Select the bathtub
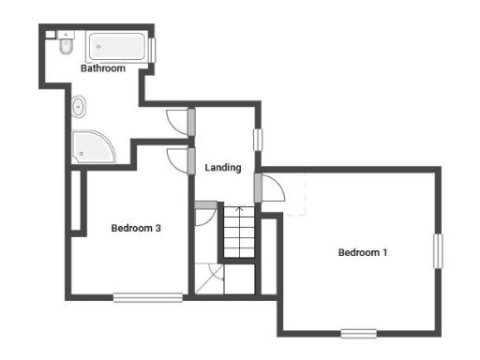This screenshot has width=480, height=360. coord(116,48)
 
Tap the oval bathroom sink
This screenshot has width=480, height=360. coord(80,108)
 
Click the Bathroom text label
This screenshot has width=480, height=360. coord(103,68)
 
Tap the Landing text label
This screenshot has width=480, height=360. coord(223,168)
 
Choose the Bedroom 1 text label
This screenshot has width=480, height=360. coord(363,252)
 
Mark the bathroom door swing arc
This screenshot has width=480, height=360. coord(176,120)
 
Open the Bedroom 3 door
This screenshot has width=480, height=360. coord(175,157)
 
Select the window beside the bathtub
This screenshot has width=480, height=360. coord(152,49)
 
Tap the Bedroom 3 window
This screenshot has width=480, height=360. coord(148,298)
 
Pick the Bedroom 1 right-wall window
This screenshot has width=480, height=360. coord(437,251)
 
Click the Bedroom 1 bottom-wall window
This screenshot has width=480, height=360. coord(358,333)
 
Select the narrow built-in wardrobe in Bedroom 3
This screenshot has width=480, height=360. coord(75,201)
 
